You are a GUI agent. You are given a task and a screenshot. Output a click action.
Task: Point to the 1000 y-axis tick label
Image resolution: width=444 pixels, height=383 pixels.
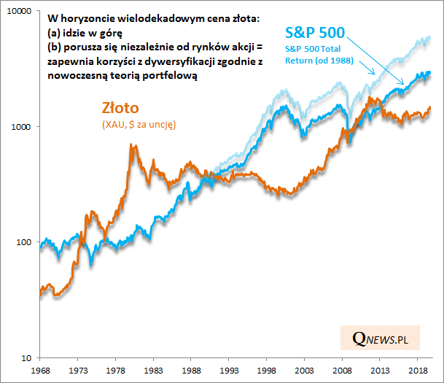pos(21,127)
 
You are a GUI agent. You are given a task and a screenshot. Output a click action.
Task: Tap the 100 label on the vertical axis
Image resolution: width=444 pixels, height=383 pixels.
pos(23,242)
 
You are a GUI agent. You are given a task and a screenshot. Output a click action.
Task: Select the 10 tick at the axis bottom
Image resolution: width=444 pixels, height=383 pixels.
pos(26,357)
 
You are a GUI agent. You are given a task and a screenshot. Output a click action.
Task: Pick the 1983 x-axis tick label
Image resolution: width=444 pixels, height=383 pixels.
pos(152,371)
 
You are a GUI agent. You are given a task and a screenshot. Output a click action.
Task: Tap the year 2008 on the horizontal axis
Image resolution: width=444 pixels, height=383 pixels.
pos(340,371)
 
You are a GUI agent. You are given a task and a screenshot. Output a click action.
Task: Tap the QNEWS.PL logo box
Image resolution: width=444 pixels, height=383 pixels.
pos(379,338)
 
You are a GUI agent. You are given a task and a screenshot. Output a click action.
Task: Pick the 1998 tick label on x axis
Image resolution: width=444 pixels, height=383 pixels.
pos(265,371)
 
